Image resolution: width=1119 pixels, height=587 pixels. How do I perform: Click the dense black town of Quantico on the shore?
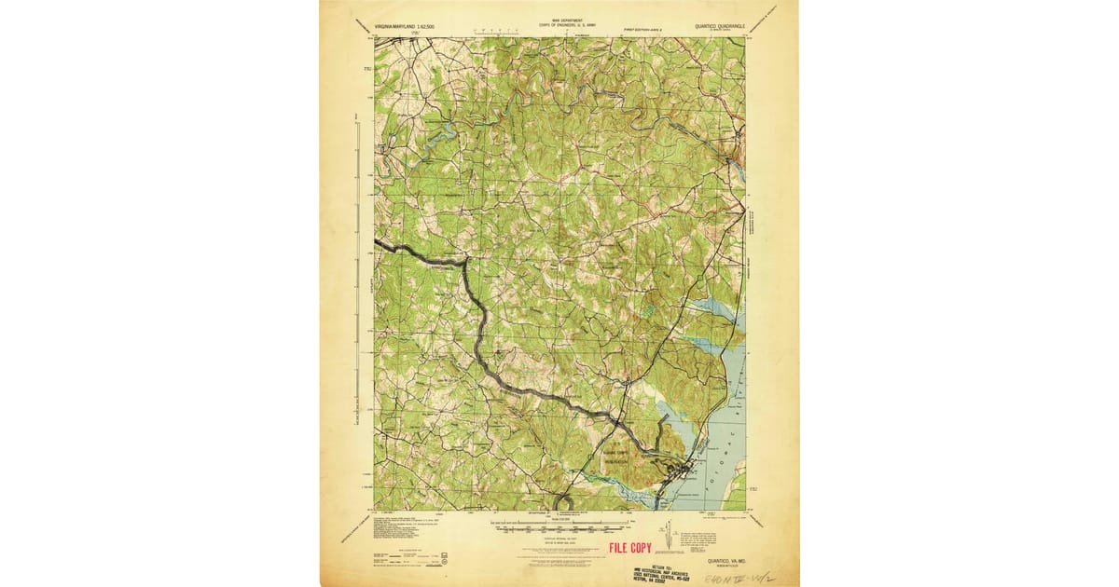[x=687, y=465]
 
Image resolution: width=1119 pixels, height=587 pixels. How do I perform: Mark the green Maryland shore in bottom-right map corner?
[x=737, y=484]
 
